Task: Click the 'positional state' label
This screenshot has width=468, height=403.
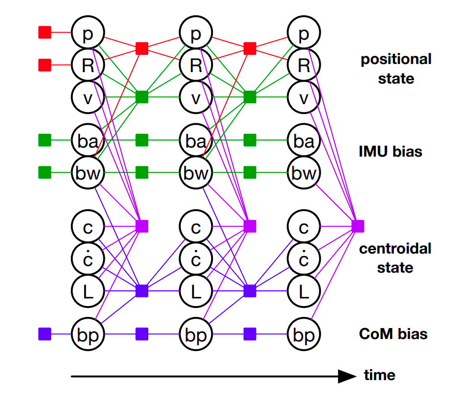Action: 396,69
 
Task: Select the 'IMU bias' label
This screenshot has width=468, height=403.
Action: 390,152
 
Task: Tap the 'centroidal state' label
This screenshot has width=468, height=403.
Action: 395,258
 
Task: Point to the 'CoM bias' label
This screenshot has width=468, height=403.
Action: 393,334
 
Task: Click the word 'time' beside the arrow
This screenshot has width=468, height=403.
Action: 379,375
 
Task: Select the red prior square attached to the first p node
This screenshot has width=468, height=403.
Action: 45,32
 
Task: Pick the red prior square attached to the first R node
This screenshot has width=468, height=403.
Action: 45,64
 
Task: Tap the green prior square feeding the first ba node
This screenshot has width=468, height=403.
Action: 45,140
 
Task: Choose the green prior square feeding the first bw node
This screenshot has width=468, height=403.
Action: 45,172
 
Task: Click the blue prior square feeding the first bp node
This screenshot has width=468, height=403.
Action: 45,334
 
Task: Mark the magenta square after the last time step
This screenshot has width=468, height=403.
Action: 358,226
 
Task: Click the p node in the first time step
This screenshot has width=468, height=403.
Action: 88,33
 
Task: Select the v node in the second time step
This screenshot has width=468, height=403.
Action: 196,97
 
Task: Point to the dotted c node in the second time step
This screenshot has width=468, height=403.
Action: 196,258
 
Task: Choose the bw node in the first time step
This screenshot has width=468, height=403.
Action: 88,172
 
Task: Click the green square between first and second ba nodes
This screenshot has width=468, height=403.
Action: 142,140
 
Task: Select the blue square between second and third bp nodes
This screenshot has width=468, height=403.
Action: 250,334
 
